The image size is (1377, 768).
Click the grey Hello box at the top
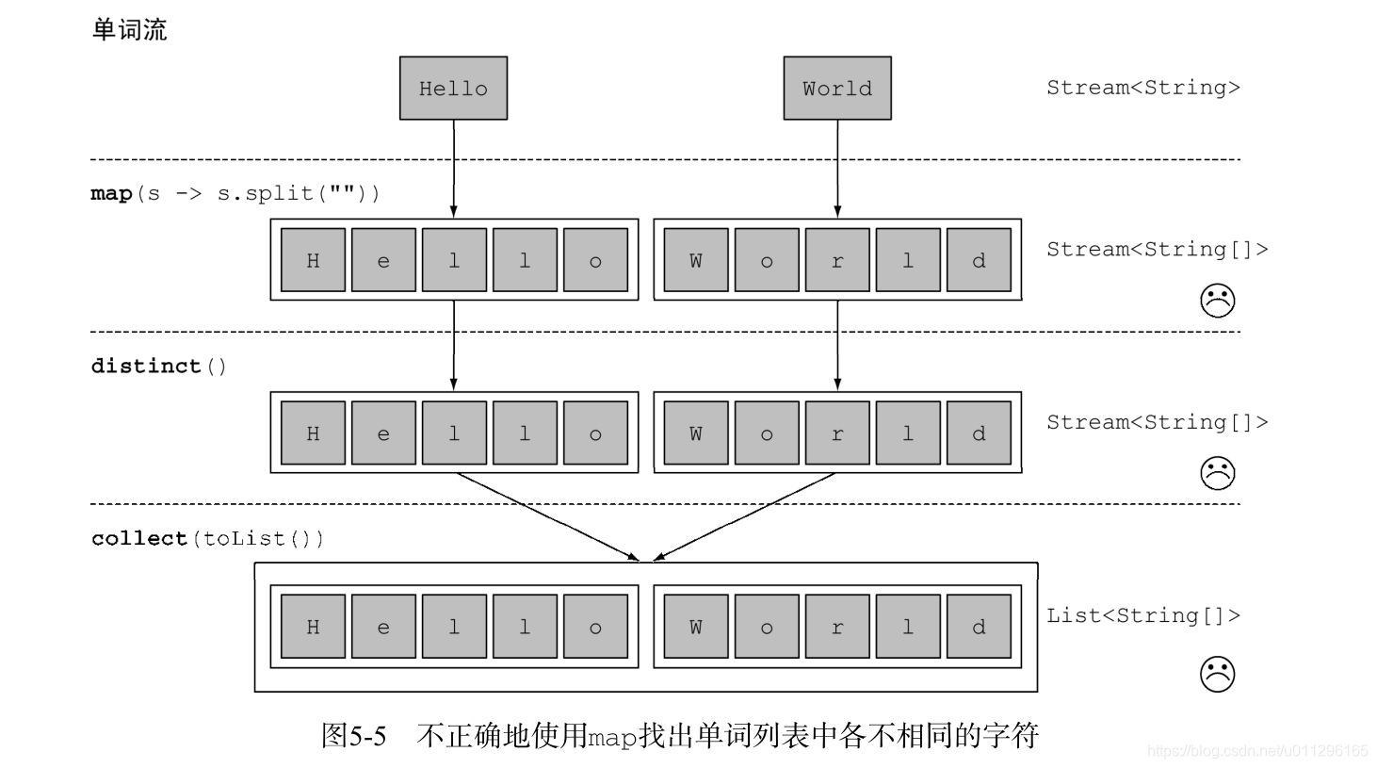click(x=453, y=89)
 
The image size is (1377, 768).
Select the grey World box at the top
click(x=836, y=89)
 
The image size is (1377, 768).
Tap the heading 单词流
click(x=129, y=30)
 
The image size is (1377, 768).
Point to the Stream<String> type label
click(x=1142, y=88)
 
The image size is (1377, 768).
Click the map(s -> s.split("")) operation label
click(x=235, y=193)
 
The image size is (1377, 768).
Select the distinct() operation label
click(x=158, y=366)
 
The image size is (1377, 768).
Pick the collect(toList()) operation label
click(x=207, y=538)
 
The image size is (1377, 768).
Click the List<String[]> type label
click(x=1142, y=615)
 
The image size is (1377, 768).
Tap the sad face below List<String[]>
click(x=1217, y=674)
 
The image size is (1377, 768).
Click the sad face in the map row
click(x=1217, y=301)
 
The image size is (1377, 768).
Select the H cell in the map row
click(x=313, y=260)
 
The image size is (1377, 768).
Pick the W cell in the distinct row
click(x=695, y=433)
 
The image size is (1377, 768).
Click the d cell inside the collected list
click(x=979, y=627)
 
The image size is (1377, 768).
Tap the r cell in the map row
click(x=836, y=260)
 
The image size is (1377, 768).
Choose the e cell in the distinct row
click(x=383, y=433)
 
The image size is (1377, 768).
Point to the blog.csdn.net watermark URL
click(x=1256, y=751)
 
